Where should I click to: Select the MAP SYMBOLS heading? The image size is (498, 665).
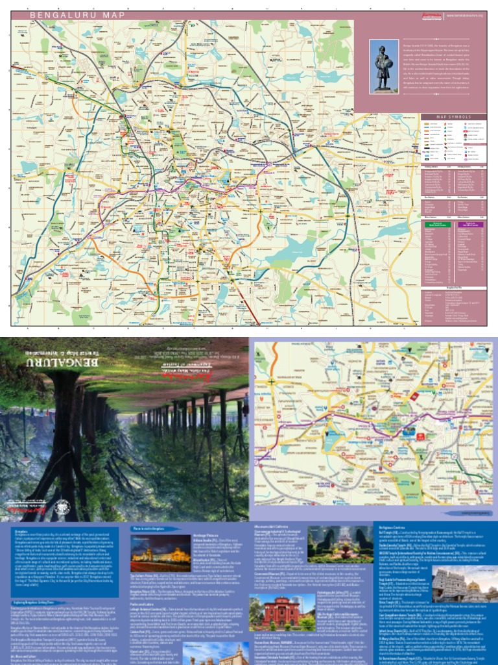tap(453, 118)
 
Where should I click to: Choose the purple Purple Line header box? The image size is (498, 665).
tap(469, 224)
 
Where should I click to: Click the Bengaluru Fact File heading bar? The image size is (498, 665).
tap(453, 286)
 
